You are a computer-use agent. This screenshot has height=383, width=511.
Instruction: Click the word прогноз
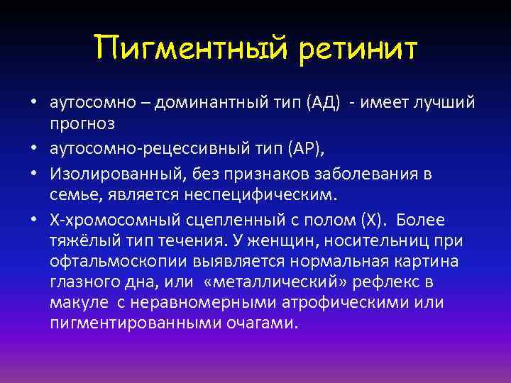[82, 123]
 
